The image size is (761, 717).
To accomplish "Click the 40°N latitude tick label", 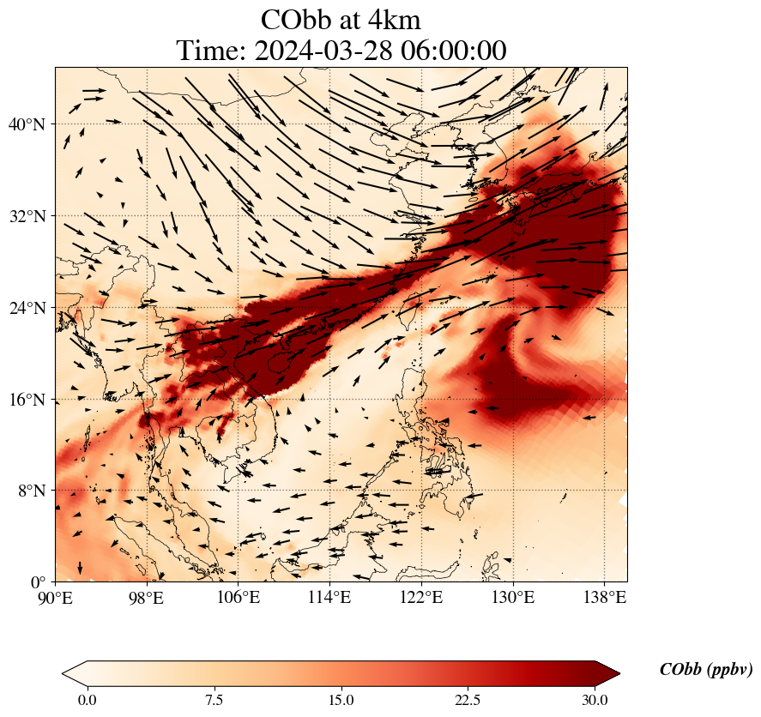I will pyautogui.click(x=31, y=124).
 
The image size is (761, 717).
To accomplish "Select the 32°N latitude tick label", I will pyautogui.click(x=31, y=216).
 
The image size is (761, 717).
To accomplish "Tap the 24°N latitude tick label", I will pyautogui.click(x=31, y=308).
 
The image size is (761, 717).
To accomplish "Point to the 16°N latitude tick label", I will pyautogui.click(x=31, y=400).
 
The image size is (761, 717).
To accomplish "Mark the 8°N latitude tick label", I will pyautogui.click(x=35, y=491).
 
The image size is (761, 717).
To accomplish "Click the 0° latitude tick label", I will pyautogui.click(x=40, y=582).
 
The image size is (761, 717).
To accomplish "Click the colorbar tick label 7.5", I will pyautogui.click(x=214, y=700).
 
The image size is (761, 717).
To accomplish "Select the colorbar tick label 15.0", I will pyautogui.click(x=341, y=700).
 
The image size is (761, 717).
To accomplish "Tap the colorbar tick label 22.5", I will pyautogui.click(x=468, y=700).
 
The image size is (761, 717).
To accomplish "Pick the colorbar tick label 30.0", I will pyautogui.click(x=595, y=700).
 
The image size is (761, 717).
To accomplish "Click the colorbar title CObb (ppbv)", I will pyautogui.click(x=705, y=670).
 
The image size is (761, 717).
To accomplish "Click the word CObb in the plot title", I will pyautogui.click(x=295, y=20).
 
